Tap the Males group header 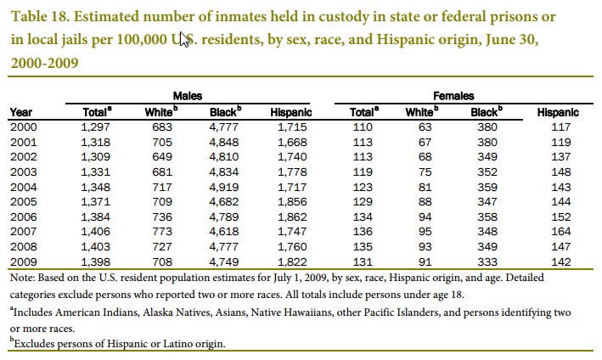(x=188, y=97)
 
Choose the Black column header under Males (x=222, y=111)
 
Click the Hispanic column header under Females (x=558, y=111)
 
